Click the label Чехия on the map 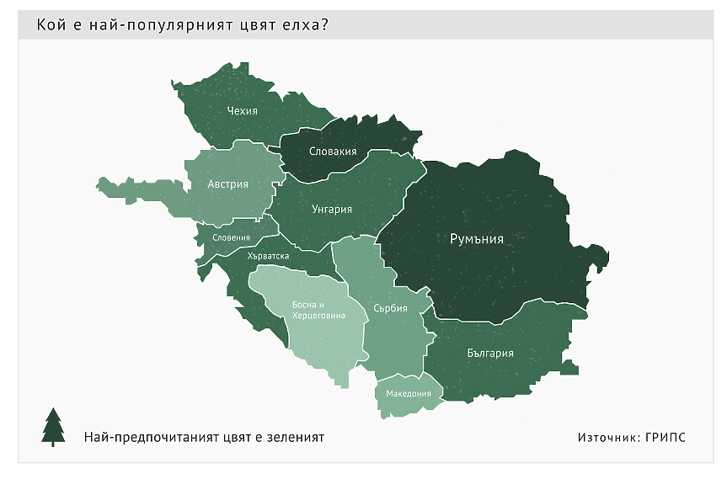[x=242, y=110]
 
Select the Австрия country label [x=228, y=184]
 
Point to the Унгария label [x=331, y=210]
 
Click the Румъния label [x=477, y=239]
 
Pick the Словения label [x=231, y=237]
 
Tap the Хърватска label [x=269, y=256]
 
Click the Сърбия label [x=390, y=308]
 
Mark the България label [x=489, y=353]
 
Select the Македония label [x=409, y=393]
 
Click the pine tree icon [x=53, y=427]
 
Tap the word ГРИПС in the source [x=666, y=438]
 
